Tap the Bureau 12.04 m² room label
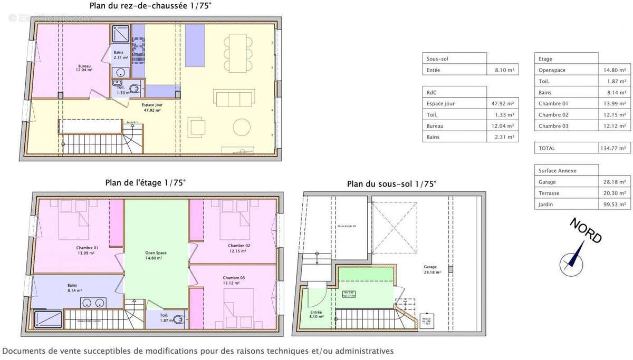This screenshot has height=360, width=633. tap(84, 68)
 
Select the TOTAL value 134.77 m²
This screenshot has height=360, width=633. tap(615, 149)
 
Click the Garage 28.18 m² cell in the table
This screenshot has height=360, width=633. tap(615, 182)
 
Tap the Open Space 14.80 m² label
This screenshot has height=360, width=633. tap(156, 255)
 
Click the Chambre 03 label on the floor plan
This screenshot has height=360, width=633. tap(234, 280)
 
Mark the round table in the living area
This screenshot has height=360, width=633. tap(242, 128)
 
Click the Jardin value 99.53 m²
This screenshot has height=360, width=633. tap(615, 205)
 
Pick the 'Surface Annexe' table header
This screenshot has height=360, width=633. tap(558, 171)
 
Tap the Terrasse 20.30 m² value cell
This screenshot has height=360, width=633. tap(615, 193)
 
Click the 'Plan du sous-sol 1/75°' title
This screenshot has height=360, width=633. tap(391, 184)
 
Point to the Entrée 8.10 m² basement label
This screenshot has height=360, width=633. tap(316, 314)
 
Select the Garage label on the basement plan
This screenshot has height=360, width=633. tap(430, 269)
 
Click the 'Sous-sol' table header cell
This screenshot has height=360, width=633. tap(438, 59)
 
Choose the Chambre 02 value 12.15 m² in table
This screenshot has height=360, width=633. tap(615, 115)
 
